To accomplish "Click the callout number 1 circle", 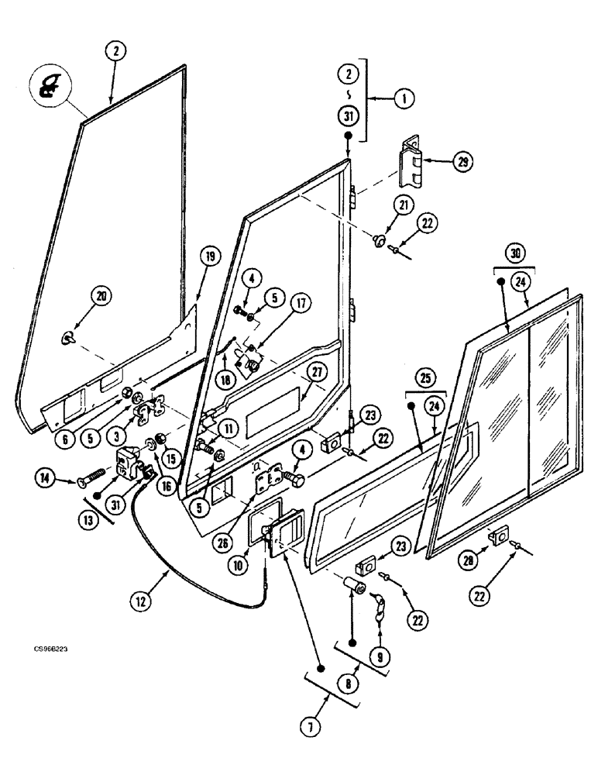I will [404, 98].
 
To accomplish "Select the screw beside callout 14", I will [93, 477].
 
